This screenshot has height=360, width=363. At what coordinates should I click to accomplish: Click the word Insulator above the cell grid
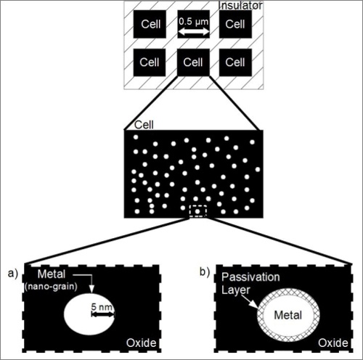click(240, 6)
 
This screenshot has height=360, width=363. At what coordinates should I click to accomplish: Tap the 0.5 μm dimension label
click(194, 22)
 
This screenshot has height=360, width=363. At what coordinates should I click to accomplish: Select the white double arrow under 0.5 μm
click(194, 31)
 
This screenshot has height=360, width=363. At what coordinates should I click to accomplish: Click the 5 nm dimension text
click(102, 307)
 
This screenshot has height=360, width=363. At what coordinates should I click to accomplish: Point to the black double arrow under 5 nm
click(102, 314)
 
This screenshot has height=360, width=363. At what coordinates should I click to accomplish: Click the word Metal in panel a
click(52, 274)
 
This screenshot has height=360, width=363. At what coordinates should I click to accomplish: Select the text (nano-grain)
click(51, 287)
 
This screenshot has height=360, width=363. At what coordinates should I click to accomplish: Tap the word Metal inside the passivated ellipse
click(288, 315)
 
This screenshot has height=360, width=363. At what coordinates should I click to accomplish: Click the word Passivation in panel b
click(250, 277)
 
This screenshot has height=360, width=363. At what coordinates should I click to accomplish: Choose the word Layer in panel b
click(236, 290)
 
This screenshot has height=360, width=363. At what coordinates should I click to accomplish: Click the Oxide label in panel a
click(142, 343)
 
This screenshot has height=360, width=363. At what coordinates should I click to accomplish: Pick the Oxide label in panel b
click(333, 343)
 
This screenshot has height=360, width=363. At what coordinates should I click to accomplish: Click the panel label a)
click(13, 274)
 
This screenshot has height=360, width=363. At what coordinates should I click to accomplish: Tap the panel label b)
click(205, 272)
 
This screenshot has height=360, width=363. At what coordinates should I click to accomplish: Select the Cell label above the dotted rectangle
click(144, 125)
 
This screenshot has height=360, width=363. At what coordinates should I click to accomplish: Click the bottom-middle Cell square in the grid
click(193, 62)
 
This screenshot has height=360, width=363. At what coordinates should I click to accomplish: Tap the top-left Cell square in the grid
click(150, 24)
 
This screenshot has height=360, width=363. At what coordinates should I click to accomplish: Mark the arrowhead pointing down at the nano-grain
click(91, 289)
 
